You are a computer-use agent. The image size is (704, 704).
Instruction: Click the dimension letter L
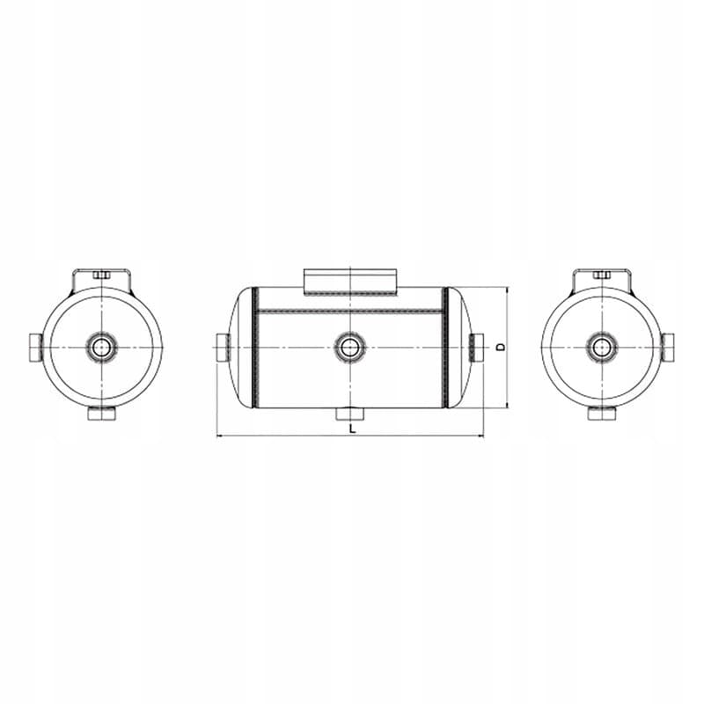click(x=353, y=428)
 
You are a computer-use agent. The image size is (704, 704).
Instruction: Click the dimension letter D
click(x=502, y=347)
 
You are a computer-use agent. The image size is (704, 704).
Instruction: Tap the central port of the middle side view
click(x=349, y=347)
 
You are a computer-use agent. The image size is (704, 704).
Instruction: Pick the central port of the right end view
click(x=601, y=347)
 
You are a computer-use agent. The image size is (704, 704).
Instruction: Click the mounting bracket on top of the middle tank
click(x=350, y=282)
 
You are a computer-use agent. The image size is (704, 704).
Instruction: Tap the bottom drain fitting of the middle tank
click(x=349, y=414)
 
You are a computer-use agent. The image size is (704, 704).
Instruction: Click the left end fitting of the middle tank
click(x=224, y=348)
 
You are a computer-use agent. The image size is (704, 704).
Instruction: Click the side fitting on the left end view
click(x=36, y=348)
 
